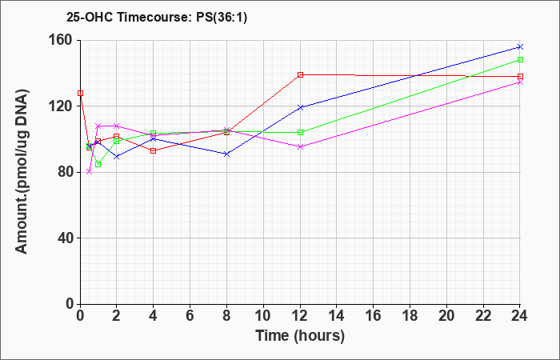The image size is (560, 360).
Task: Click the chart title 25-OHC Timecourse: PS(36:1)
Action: coord(157,18)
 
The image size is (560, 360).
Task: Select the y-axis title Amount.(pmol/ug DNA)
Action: coord(22,171)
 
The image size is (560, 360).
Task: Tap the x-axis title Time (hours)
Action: coord(300,336)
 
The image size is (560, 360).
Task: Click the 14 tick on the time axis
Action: coord(337,316)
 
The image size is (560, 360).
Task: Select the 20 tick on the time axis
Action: coord(446,316)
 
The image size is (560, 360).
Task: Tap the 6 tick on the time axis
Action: coord(190,316)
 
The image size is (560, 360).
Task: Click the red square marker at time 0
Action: coord(80,94)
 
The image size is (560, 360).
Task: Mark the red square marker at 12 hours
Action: coord(300,74)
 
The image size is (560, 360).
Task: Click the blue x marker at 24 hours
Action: coord(520,46)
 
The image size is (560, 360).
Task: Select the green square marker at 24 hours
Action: coord(520,60)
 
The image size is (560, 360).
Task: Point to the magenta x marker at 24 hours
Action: coord(520,82)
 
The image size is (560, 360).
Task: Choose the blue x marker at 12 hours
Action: coord(300,107)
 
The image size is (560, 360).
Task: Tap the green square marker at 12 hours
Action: coord(300,132)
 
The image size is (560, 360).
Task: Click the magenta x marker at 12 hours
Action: coord(300,146)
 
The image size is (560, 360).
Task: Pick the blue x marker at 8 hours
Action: coord(226,154)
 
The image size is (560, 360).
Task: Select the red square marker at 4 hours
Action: coord(154,150)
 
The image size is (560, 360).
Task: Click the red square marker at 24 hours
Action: coord(520,77)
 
